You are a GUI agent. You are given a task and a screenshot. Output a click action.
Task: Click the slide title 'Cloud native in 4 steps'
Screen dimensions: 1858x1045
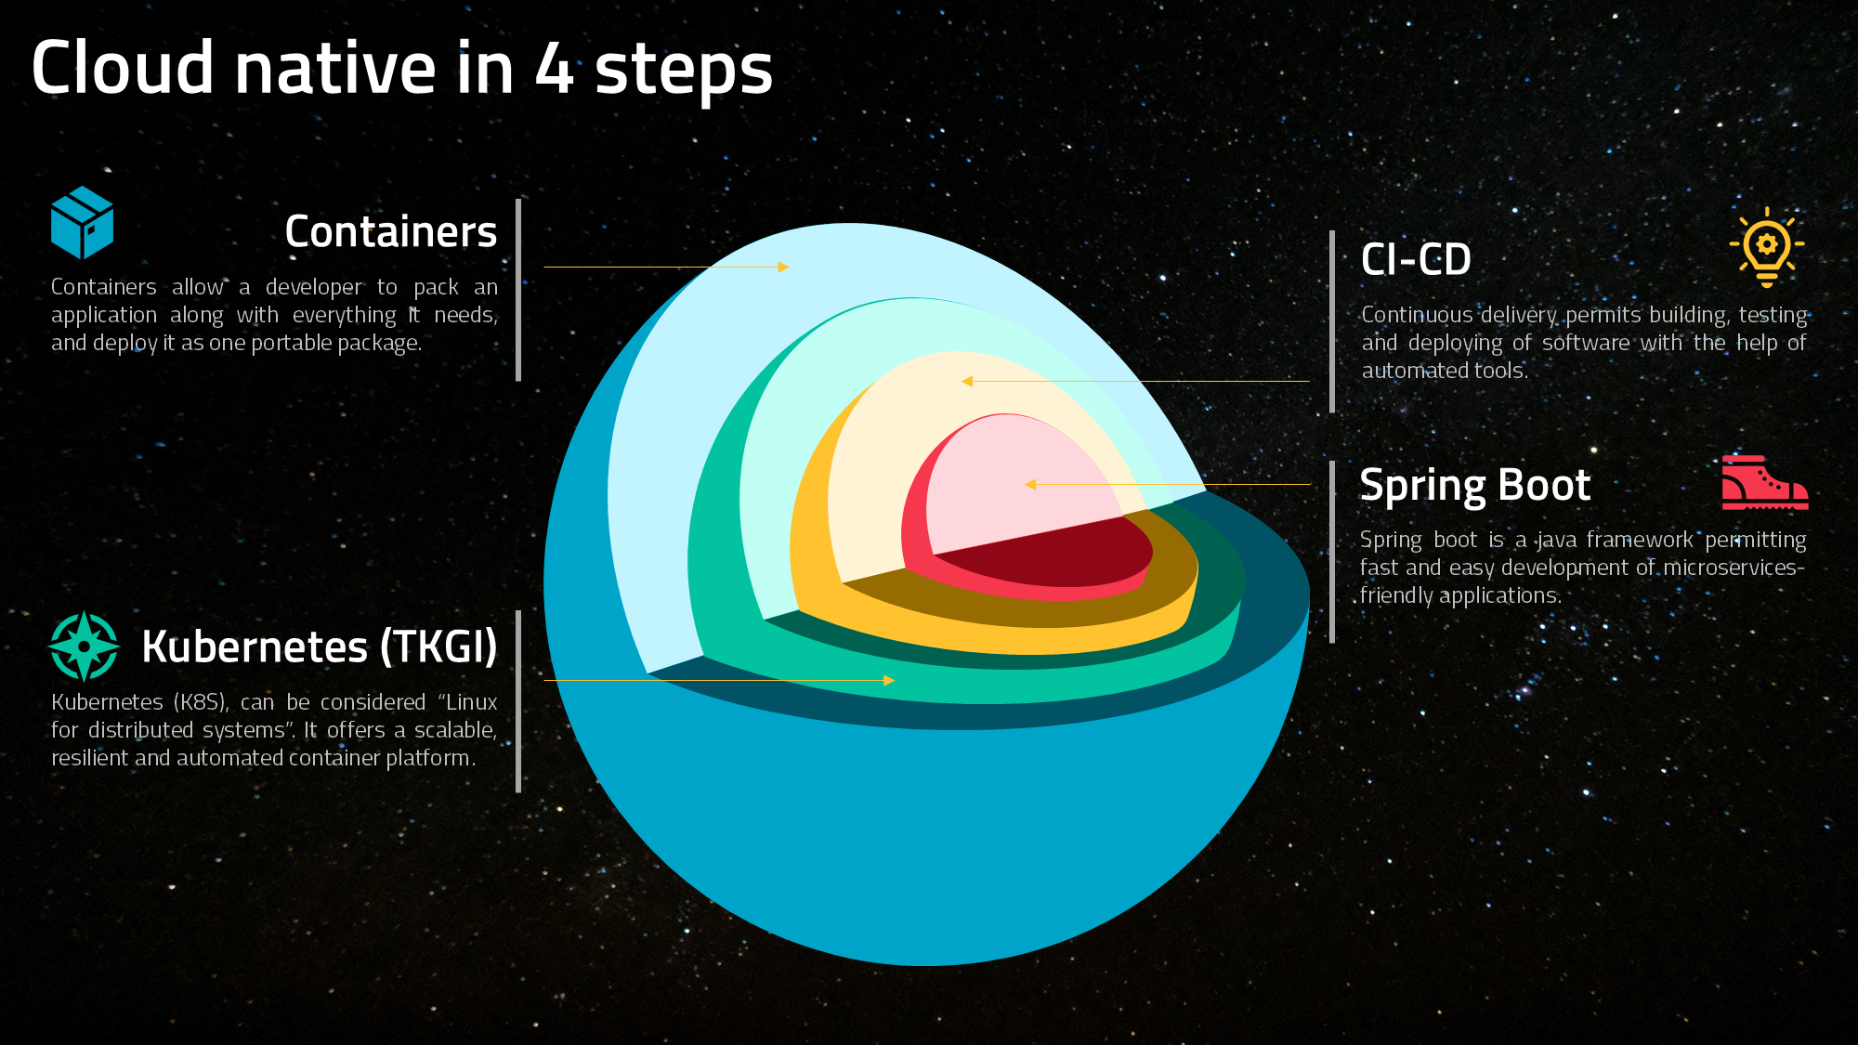click(x=401, y=69)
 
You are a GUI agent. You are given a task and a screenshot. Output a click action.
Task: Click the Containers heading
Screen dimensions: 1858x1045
click(x=391, y=231)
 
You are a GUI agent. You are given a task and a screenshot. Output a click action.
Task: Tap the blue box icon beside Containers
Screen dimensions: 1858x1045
click(x=82, y=222)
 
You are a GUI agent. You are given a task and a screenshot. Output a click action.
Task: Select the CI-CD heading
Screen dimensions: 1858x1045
click(x=1416, y=259)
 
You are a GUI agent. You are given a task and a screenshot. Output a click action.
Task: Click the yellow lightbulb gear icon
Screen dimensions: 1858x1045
click(x=1767, y=247)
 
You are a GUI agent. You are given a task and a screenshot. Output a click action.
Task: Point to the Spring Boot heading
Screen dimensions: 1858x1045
click(x=1475, y=486)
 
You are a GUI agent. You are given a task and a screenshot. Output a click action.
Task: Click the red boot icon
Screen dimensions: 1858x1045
click(x=1765, y=482)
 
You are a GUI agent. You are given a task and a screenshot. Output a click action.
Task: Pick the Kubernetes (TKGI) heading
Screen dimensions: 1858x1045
click(x=320, y=647)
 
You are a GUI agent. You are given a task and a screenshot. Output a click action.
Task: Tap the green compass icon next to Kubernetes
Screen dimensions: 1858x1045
click(x=84, y=646)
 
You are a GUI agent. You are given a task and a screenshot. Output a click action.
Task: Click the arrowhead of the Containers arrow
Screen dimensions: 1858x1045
click(x=783, y=267)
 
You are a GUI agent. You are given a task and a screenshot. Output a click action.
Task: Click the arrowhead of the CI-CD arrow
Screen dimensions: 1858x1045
click(x=967, y=381)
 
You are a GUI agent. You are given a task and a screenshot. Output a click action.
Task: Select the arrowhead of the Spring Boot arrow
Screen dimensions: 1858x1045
click(x=1030, y=484)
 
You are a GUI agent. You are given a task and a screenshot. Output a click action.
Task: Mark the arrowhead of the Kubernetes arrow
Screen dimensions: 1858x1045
click(x=889, y=680)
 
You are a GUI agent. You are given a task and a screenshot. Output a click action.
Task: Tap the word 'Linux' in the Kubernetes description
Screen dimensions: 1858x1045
click(x=472, y=702)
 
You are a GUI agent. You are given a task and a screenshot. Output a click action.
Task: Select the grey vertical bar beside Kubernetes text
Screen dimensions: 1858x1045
click(x=518, y=701)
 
